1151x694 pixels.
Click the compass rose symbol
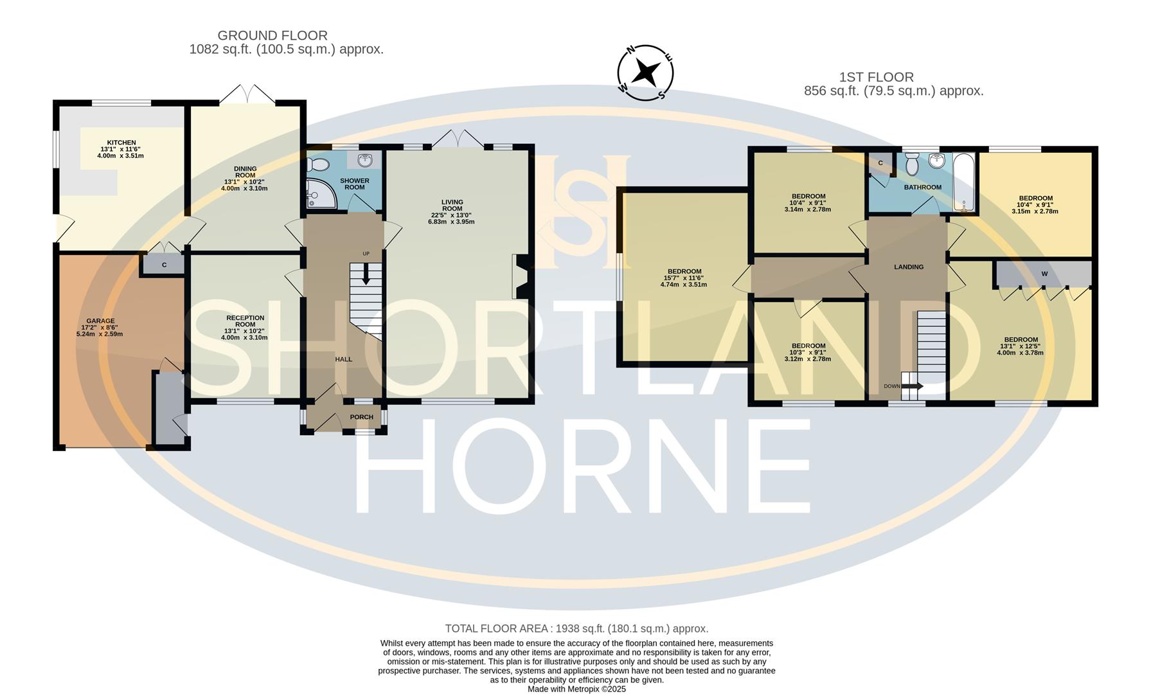[645, 73]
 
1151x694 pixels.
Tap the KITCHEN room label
[121, 143]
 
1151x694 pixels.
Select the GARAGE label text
[101, 321]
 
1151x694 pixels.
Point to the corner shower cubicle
[321, 194]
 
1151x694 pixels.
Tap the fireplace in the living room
[521, 276]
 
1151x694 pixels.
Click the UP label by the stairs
[366, 254]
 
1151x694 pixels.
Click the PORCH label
[362, 417]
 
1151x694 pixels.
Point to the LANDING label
[909, 267]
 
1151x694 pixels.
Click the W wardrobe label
[1044, 274]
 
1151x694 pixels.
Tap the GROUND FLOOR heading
[272, 35]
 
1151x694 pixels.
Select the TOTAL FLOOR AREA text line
[576, 628]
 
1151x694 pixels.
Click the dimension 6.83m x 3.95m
[451, 222]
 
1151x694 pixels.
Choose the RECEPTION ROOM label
[245, 321]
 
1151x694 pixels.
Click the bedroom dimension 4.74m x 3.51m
[684, 284]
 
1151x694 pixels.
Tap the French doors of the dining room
[247, 94]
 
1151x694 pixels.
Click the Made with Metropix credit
[576, 689]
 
